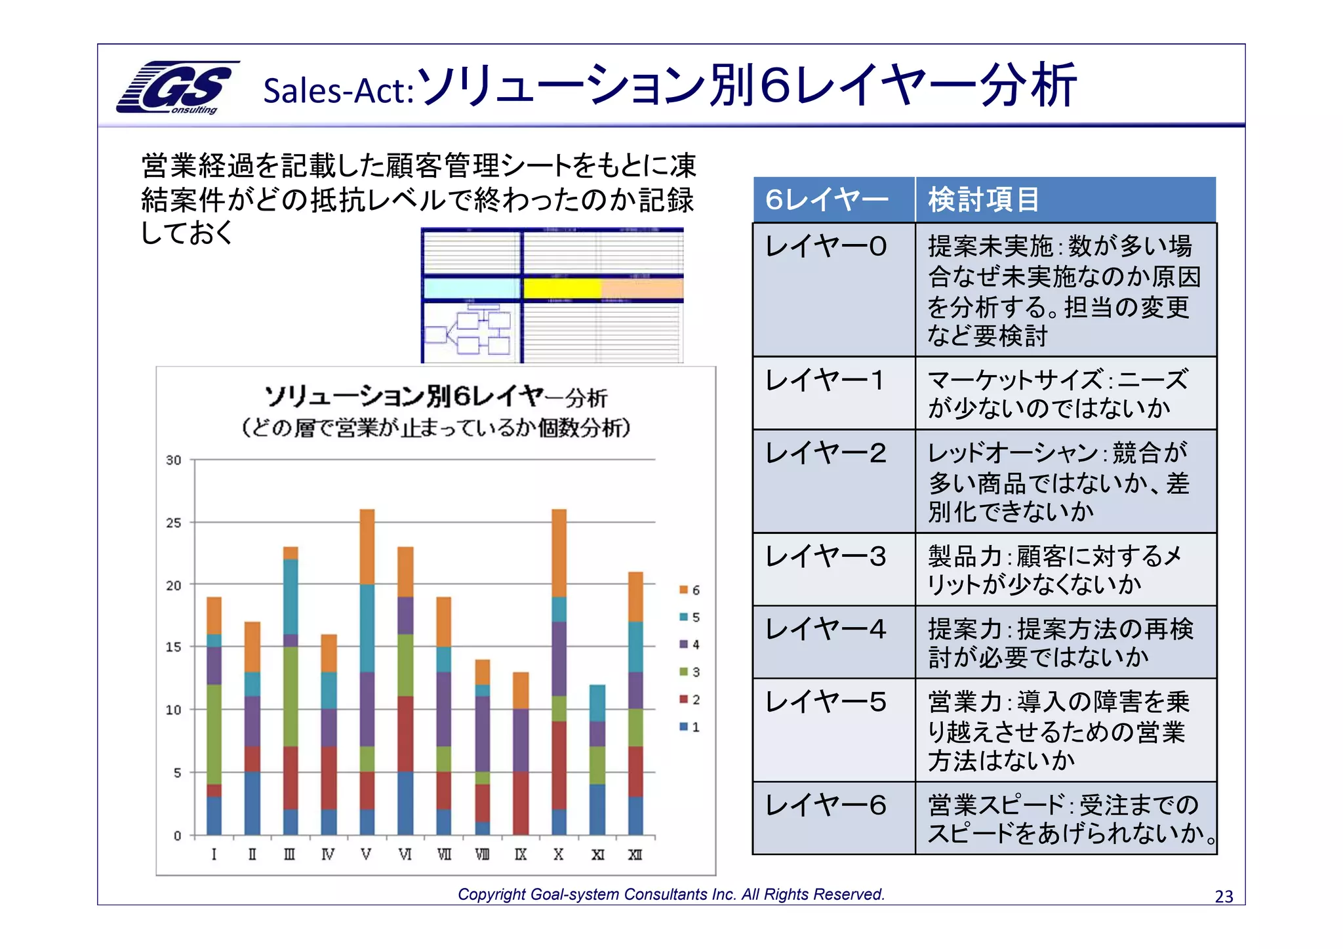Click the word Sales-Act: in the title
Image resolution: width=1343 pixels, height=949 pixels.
coord(338,91)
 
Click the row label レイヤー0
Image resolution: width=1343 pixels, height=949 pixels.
coord(826,247)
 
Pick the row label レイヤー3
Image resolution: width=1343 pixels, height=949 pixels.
coord(826,557)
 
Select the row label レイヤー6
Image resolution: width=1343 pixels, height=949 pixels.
coord(826,805)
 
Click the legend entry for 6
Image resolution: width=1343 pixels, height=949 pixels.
coord(689,590)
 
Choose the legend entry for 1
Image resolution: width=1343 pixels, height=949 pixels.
coord(689,727)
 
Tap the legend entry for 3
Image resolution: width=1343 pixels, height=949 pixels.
coord(689,672)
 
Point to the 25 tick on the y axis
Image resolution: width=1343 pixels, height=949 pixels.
coord(173,523)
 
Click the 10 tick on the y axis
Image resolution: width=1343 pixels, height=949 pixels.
coord(173,710)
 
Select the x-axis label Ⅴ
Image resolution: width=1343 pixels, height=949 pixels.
coord(366,855)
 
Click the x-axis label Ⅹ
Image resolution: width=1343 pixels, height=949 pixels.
coord(558,855)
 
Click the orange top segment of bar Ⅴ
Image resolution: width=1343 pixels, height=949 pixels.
coord(367,546)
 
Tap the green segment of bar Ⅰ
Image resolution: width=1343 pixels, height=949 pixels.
coord(214,734)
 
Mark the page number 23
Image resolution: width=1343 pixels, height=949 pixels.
coord(1224,897)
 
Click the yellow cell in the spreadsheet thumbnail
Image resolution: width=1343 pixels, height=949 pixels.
coord(562,289)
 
